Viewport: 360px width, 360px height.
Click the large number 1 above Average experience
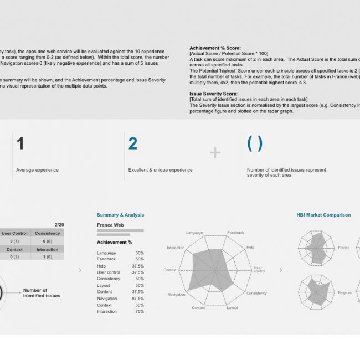(20, 144)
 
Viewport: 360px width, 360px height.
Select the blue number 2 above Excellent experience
(133, 144)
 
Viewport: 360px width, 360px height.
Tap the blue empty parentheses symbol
(255, 144)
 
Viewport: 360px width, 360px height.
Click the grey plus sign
(215, 153)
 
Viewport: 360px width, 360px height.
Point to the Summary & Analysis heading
(120, 215)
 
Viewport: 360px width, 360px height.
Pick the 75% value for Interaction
(140, 312)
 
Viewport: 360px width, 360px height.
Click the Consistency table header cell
(48, 233)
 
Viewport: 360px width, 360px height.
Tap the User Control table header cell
(14, 233)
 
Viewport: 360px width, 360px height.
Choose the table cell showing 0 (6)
(48, 241)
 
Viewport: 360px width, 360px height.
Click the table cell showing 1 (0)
(48, 257)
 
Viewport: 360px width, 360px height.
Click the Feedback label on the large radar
(235, 233)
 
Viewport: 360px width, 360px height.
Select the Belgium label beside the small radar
(344, 292)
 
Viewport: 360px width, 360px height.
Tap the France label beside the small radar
(343, 248)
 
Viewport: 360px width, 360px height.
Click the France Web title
(110, 225)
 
